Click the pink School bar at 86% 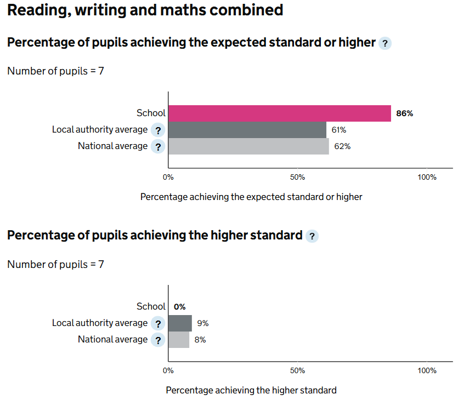coord(279,113)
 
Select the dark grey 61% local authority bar coord(247,130)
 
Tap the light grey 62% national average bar coord(248,146)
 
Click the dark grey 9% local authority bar coord(180,323)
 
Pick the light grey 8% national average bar coord(179,340)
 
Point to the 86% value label coord(404,114)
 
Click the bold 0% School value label coord(179,307)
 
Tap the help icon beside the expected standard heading coord(385,43)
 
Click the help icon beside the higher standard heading coord(312,236)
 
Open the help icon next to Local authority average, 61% coord(158,130)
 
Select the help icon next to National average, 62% coord(158,147)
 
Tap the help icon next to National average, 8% coord(158,340)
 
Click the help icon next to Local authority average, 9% coord(158,324)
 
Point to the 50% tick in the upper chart coord(297,177)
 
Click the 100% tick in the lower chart coord(427,370)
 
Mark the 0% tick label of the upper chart coord(168,177)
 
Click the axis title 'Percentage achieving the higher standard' coord(251,390)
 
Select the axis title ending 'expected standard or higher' coord(251,197)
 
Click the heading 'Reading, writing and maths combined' coord(145,10)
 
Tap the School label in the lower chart coord(151,307)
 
